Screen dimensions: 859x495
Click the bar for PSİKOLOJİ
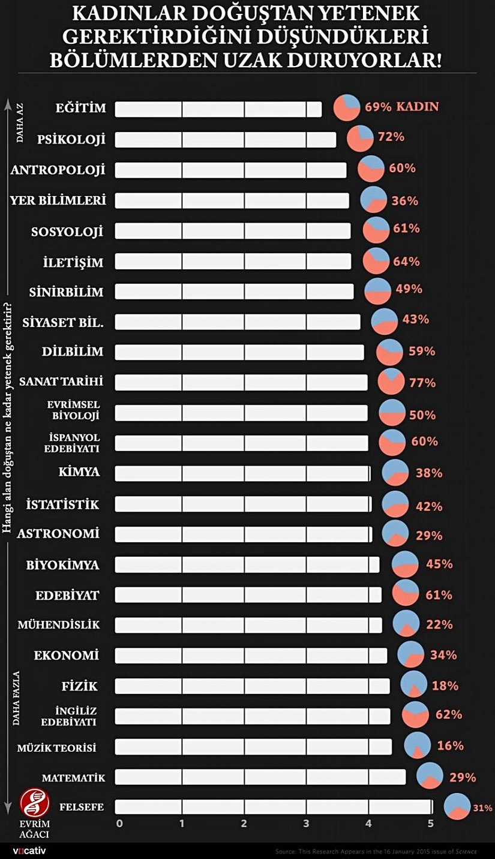click(225, 140)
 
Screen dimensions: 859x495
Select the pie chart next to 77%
click(391, 382)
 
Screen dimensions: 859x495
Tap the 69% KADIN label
click(401, 107)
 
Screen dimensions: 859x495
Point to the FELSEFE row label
click(82, 807)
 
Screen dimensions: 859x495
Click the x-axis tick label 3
click(307, 824)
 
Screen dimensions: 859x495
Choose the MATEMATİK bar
click(260, 777)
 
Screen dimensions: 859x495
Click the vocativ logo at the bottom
click(29, 851)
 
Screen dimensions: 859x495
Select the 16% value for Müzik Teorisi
click(450, 746)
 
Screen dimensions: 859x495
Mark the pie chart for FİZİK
click(413, 684)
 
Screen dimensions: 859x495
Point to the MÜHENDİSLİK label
click(58, 625)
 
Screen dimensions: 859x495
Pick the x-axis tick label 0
click(119, 824)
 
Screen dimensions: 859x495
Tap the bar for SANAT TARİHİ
click(241, 382)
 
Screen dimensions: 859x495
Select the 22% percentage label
click(439, 625)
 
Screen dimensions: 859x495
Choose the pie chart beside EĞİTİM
click(346, 107)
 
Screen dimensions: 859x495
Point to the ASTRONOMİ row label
click(58, 533)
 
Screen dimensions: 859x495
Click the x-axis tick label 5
click(431, 824)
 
